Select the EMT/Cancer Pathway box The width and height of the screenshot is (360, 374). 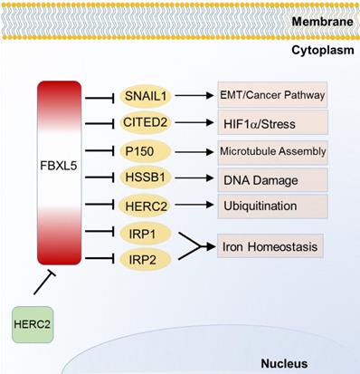click(272, 94)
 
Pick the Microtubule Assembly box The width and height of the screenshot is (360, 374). click(272, 150)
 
